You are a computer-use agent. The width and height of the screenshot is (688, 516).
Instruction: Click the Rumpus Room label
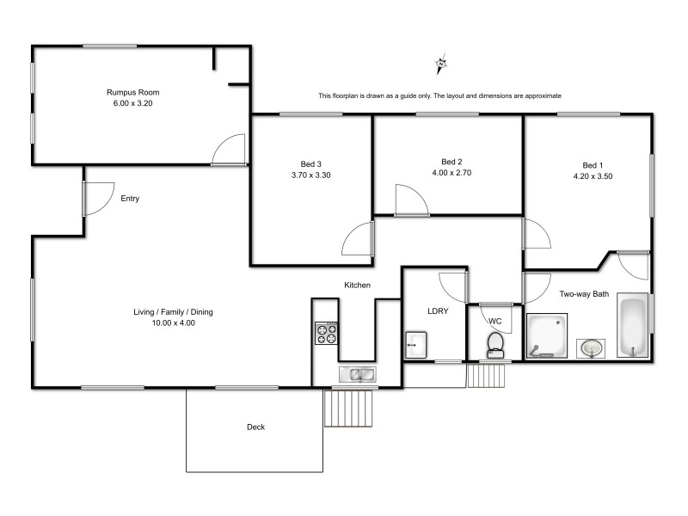point(133,92)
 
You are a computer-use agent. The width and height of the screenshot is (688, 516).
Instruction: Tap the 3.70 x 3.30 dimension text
point(310,175)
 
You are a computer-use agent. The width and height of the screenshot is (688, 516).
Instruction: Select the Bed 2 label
point(451,162)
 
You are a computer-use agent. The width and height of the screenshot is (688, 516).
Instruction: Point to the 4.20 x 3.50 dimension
point(592,175)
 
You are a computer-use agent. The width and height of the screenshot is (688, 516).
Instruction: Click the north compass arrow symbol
point(442,63)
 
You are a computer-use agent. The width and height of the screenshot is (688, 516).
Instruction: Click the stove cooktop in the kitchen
point(326,333)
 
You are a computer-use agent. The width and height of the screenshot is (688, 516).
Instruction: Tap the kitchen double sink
point(356,374)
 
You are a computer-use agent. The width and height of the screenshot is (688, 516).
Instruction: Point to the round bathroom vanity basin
point(590,347)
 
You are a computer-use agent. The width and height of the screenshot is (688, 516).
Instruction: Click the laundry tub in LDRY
point(415,345)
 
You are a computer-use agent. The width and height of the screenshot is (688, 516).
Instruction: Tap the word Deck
point(255,427)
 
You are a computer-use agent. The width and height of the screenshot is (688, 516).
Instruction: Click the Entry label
point(130,199)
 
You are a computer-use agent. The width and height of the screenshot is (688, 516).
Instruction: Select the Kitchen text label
point(357,285)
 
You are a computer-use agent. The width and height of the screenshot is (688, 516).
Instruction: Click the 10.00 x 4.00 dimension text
point(173,323)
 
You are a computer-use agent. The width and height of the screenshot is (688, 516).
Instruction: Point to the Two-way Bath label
point(584,294)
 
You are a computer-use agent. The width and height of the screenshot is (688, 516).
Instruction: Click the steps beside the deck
point(351,407)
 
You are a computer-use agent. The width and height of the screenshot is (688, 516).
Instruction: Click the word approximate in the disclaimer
point(542,95)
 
